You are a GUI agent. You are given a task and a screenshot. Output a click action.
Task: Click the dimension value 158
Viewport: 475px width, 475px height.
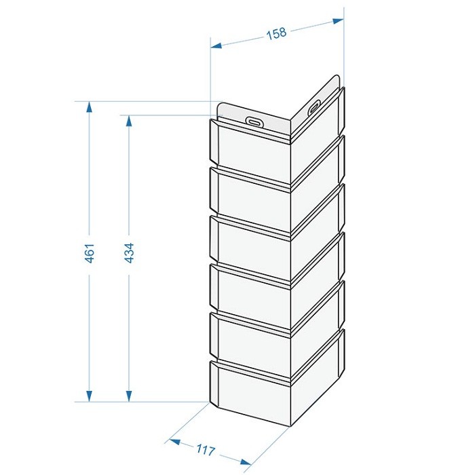click(x=276, y=33)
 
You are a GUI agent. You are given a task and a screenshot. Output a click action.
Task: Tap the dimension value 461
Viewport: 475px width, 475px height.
click(x=90, y=252)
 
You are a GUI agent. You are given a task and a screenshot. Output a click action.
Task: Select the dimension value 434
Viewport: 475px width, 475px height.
click(x=129, y=252)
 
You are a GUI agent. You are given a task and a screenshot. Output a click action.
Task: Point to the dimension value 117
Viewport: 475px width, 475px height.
click(x=206, y=449)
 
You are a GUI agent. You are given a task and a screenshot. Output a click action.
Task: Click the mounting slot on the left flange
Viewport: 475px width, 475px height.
click(x=254, y=121)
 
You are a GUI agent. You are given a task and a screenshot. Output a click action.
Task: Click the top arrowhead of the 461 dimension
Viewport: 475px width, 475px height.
click(x=89, y=107)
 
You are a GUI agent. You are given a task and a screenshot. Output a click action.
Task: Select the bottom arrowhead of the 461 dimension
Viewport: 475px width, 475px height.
click(x=89, y=396)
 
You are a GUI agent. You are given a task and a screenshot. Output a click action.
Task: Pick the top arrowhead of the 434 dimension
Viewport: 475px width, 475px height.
click(x=129, y=121)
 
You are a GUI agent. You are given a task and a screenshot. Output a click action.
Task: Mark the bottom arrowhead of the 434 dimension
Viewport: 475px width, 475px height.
click(x=129, y=396)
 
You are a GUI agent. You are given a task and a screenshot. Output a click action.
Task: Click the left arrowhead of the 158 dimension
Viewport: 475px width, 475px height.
click(x=216, y=45)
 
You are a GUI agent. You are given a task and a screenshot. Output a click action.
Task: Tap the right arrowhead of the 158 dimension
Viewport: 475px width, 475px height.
click(x=338, y=20)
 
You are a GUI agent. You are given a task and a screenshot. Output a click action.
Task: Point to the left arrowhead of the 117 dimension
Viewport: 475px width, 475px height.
click(x=175, y=442)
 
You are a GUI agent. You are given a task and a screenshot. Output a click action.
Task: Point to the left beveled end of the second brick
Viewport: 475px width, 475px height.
click(x=214, y=190)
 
